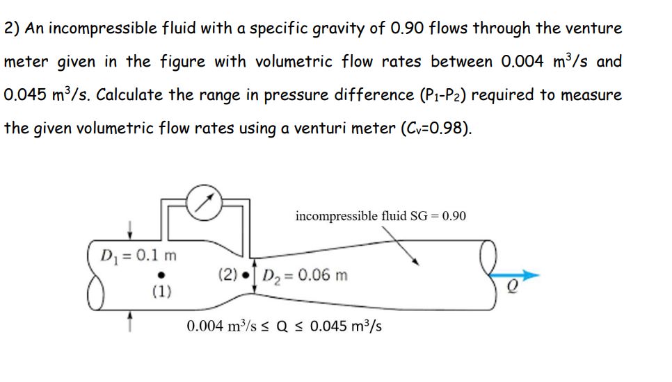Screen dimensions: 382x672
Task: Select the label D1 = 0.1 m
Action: tap(139, 255)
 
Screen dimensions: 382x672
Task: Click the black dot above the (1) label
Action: tap(161, 274)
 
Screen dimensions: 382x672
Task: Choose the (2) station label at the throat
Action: tap(230, 275)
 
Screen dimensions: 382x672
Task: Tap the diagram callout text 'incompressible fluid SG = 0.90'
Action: tap(381, 216)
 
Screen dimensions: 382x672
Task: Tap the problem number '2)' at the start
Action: tap(12, 28)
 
